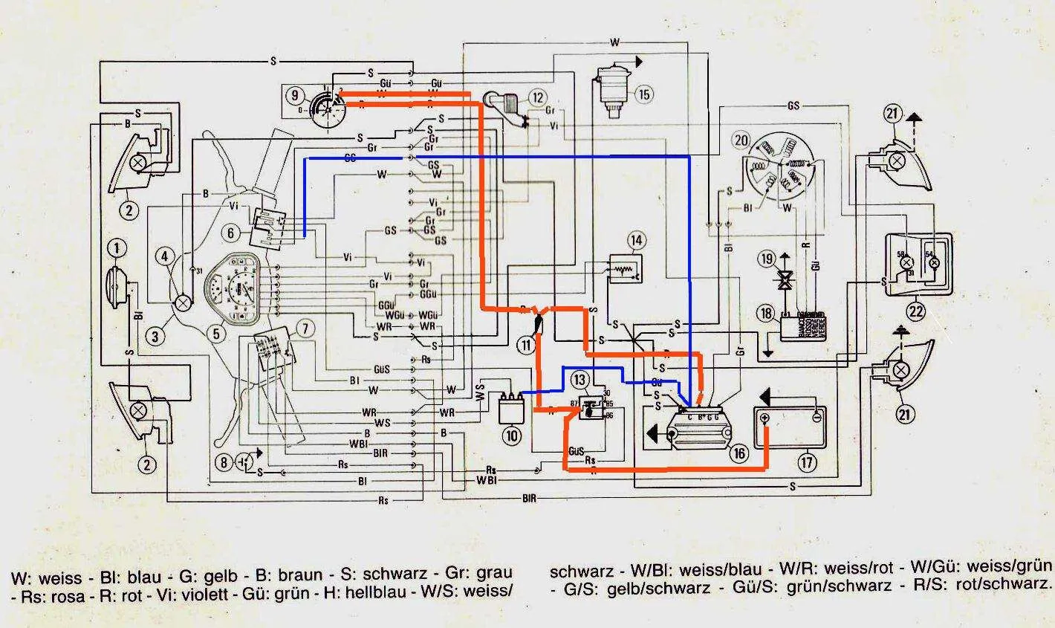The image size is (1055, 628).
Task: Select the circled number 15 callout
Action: [x=643, y=94]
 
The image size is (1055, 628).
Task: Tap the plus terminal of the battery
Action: [x=765, y=419]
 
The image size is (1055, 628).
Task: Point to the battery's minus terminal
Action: [x=815, y=419]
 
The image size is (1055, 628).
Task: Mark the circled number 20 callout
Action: [x=741, y=140]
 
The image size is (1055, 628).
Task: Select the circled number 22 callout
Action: [x=916, y=311]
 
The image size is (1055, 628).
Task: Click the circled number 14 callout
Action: [x=636, y=240]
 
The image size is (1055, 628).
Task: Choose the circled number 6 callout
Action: [x=231, y=233]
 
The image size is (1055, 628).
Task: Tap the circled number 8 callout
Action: [x=224, y=462]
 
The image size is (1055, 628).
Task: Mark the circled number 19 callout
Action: [x=766, y=259]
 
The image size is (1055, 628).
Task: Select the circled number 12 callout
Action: [x=537, y=97]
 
